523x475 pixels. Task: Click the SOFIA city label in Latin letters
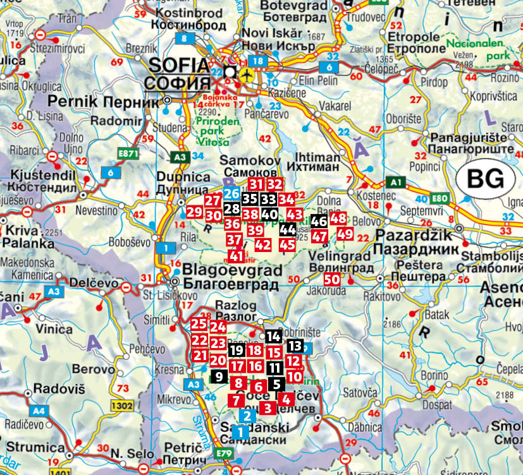coord(178,65)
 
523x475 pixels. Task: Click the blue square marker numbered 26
coord(231,194)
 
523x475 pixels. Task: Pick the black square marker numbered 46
coord(319,221)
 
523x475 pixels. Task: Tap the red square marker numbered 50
coord(332,279)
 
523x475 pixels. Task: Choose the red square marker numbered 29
coord(194,212)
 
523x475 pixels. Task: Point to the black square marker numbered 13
coord(295,346)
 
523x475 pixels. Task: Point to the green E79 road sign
coord(224,452)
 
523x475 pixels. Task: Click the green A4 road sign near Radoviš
coord(39,410)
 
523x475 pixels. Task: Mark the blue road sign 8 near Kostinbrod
coord(185,39)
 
